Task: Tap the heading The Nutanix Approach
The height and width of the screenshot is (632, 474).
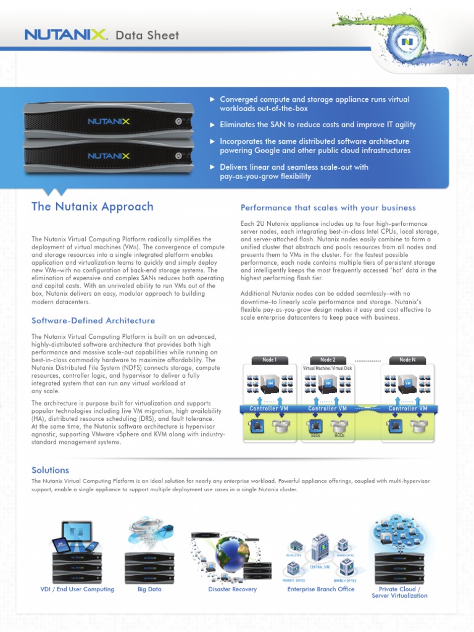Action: (93, 207)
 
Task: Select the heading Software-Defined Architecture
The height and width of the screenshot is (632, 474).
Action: (93, 320)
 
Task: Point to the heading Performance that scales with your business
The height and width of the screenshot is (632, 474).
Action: (328, 208)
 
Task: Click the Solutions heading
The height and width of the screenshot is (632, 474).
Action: (51, 470)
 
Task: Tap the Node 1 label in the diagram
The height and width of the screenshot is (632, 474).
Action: (269, 360)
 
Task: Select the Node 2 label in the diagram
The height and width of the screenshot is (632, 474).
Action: (328, 360)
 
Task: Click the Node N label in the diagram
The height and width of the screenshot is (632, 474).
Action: (407, 360)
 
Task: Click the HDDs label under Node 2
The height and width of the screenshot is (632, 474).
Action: (339, 435)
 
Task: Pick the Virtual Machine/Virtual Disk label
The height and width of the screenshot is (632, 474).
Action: (328, 368)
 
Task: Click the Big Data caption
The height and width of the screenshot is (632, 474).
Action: (149, 589)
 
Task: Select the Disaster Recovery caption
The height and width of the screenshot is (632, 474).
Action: (233, 589)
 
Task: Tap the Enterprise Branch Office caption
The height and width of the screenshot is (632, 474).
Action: (321, 589)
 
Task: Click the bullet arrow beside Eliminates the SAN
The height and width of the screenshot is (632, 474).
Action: (212, 125)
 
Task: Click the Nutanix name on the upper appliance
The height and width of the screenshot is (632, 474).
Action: (109, 122)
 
